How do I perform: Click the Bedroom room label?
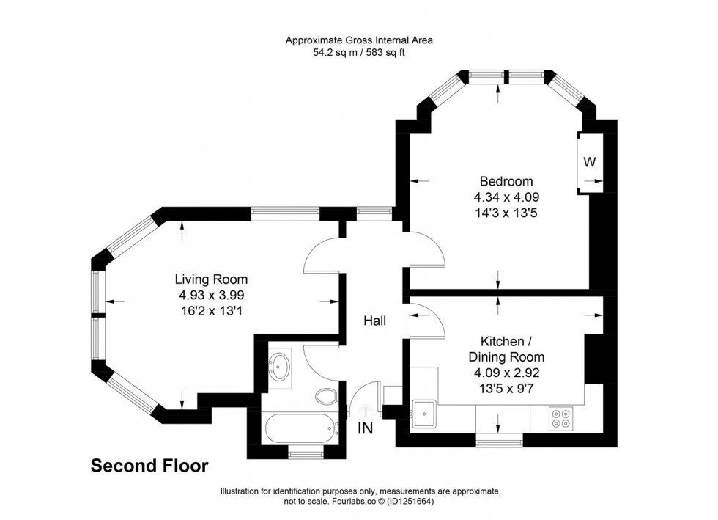(x=506, y=181)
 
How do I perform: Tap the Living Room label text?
(x=211, y=279)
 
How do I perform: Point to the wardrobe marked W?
(x=589, y=161)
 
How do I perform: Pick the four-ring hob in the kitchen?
(x=561, y=417)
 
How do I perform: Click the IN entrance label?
(x=366, y=428)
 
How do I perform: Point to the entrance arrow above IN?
(x=366, y=411)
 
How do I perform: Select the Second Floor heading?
(x=149, y=466)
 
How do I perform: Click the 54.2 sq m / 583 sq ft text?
(x=358, y=53)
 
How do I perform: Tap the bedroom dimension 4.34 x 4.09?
(x=506, y=197)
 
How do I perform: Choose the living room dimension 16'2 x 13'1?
(x=211, y=310)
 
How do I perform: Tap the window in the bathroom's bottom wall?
(x=300, y=454)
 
